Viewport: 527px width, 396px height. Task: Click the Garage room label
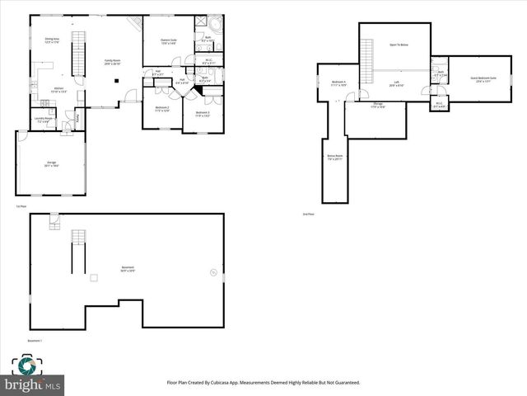pyautogui.click(x=51, y=165)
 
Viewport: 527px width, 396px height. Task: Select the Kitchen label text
pyautogui.click(x=58, y=89)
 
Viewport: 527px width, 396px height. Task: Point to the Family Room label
pyautogui.click(x=112, y=62)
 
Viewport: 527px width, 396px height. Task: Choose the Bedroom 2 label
pyautogui.click(x=162, y=108)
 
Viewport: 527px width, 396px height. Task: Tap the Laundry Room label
pyautogui.click(x=43, y=120)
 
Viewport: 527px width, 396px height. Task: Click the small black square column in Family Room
pyautogui.click(x=118, y=80)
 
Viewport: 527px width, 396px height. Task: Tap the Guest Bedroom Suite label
pyautogui.click(x=480, y=80)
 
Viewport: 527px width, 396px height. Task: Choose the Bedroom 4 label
pyautogui.click(x=338, y=82)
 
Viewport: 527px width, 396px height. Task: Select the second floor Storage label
pyautogui.click(x=377, y=105)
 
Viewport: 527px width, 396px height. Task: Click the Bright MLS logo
pyautogui.click(x=33, y=375)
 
